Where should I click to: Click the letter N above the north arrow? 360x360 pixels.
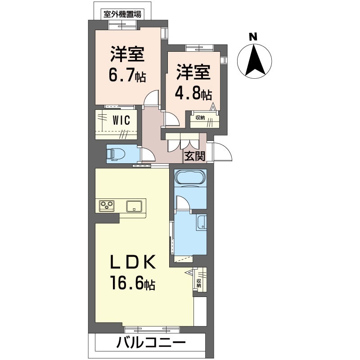pos(253,36)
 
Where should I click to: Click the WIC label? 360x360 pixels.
pos(121,120)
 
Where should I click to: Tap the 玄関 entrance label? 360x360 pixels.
pos(194,156)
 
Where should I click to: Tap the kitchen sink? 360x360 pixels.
pos(135,207)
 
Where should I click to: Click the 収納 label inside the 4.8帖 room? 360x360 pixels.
pos(200,118)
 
